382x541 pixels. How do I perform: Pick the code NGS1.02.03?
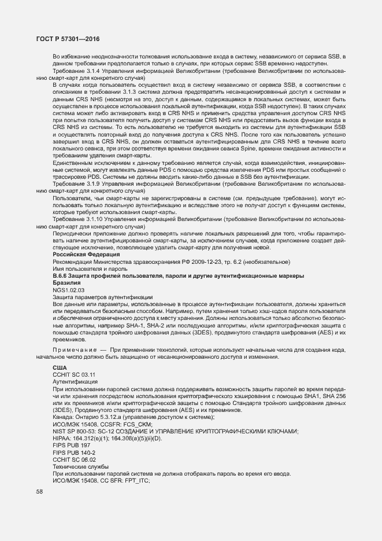(x=69, y=289)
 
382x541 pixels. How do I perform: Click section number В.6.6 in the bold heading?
(x=62, y=275)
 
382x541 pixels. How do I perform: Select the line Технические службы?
(x=79, y=466)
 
